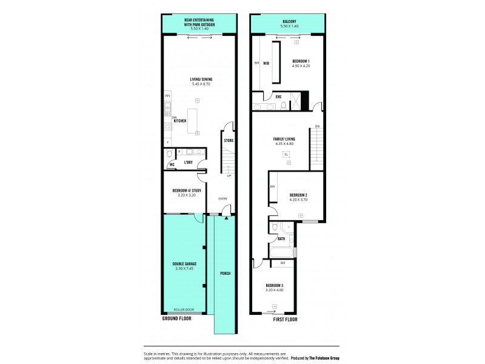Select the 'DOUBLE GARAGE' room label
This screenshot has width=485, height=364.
(184, 264)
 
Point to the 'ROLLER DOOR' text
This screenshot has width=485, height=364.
(184, 309)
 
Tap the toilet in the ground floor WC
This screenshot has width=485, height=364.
(170, 153)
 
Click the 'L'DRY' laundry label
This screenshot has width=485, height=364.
(189, 162)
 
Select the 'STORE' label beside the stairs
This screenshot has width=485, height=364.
(229, 141)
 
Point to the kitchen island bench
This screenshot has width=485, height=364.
(195, 120)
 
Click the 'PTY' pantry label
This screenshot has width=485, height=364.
(167, 96)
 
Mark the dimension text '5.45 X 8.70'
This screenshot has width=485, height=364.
(199, 84)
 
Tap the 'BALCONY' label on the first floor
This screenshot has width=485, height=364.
(289, 20)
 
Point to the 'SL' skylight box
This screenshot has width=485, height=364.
(285, 154)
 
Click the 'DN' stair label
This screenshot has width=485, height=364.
(317, 126)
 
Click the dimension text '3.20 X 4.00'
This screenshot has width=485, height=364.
(275, 290)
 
